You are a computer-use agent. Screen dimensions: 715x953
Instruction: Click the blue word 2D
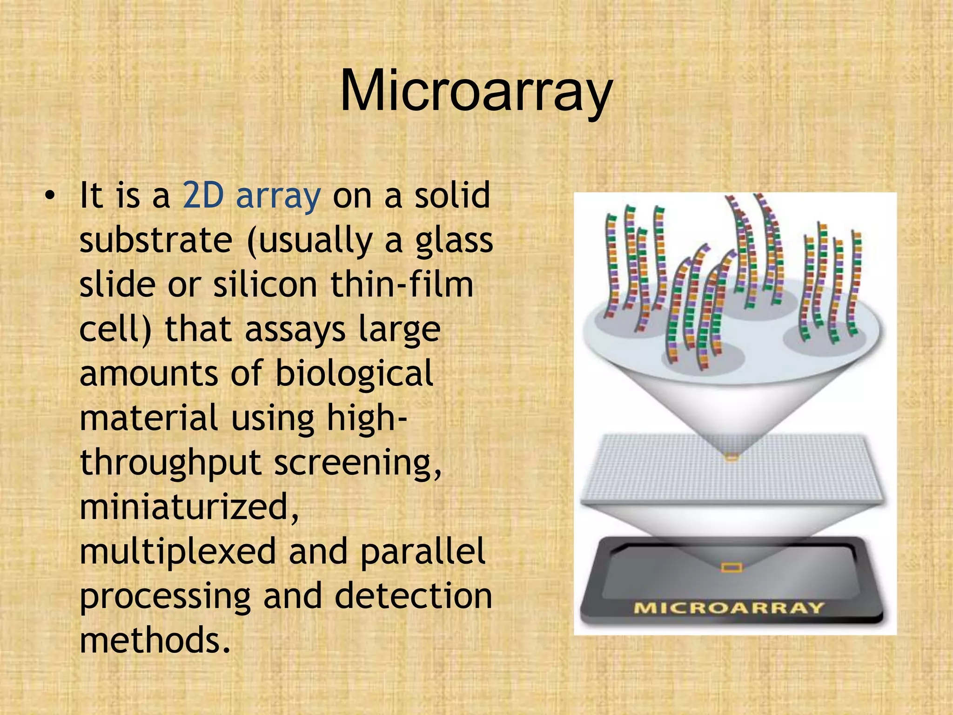203,196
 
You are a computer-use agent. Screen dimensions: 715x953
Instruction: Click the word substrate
156,241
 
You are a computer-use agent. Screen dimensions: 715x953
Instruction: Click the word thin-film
402,284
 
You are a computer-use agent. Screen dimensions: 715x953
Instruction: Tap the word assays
295,330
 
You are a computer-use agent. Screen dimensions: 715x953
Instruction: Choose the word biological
355,373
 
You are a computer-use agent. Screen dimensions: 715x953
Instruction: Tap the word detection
413,596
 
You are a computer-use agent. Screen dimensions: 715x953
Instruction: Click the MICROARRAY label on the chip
729,608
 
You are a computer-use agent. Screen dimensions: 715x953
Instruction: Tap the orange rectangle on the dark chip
732,567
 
